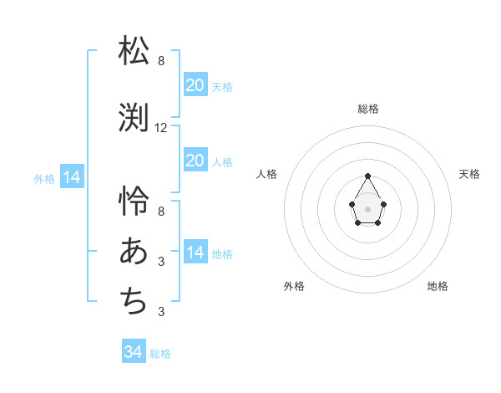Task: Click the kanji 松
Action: click(x=134, y=51)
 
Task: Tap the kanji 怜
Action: click(x=134, y=201)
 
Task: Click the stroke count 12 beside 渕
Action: click(x=161, y=128)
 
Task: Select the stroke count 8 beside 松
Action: click(x=161, y=61)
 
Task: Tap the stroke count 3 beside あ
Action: click(x=161, y=262)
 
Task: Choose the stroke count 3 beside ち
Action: click(x=161, y=312)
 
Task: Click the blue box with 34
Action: click(x=134, y=352)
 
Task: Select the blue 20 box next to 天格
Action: click(x=195, y=84)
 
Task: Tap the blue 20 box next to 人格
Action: click(x=195, y=161)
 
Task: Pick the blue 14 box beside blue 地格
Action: click(x=195, y=253)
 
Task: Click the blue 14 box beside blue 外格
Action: click(x=72, y=177)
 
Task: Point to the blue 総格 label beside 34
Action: click(x=160, y=354)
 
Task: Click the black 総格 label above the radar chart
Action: click(x=367, y=109)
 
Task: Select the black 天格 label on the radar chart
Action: click(x=469, y=174)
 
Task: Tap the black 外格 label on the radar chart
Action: click(x=294, y=286)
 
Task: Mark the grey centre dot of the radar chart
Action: click(x=367, y=207)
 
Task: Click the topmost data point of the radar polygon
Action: click(x=367, y=176)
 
